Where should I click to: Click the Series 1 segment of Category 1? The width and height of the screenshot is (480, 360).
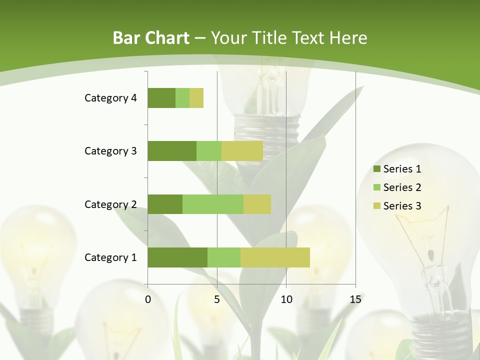pos(177,257)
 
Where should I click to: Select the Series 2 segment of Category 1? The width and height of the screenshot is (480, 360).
pos(224,257)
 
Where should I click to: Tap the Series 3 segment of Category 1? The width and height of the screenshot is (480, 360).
pos(275,257)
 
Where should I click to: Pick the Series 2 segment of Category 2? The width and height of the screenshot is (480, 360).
pos(213,204)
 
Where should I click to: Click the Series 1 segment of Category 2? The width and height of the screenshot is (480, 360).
pos(165,204)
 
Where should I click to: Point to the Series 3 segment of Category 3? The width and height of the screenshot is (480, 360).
pos(242,151)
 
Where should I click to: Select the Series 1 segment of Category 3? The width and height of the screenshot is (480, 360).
pos(172,151)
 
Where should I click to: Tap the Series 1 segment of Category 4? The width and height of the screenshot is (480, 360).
pos(161,98)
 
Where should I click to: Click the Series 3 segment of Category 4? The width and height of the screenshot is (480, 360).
pos(196,98)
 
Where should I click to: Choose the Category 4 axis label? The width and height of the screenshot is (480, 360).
pos(110,98)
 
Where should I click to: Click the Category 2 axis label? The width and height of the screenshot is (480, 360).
pos(110,204)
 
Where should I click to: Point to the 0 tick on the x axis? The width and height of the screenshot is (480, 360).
pos(148,299)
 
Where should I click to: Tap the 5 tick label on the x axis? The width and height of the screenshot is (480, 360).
pos(217,299)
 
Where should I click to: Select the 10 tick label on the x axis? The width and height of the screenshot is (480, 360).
pos(286,299)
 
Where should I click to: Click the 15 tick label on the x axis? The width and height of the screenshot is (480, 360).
pos(355,299)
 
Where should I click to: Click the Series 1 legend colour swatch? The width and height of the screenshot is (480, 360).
pos(376,169)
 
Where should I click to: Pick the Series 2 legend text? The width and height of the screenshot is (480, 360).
pos(402,187)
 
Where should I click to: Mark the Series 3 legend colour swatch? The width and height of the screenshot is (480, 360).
pos(376,206)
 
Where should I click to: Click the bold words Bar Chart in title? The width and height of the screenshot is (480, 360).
pos(151,38)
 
